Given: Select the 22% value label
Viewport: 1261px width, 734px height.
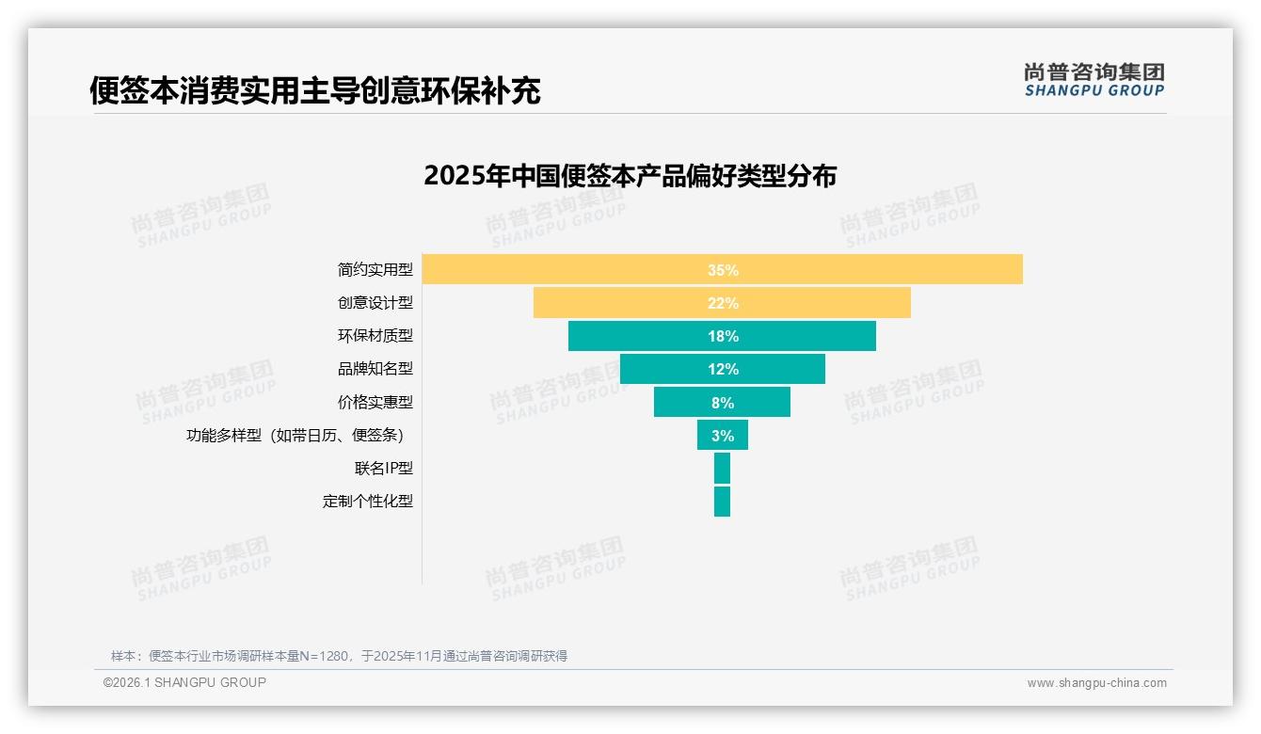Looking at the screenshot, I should pos(723,303).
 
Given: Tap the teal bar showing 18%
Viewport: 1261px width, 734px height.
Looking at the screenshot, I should pos(640,336).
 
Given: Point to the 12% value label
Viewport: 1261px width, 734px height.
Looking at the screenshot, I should pos(723,369).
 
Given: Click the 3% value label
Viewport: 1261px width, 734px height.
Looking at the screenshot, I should pos(723,436).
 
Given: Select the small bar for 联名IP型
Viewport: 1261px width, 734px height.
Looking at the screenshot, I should pos(722,469).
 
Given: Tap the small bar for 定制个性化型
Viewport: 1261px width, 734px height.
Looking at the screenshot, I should pos(722,502).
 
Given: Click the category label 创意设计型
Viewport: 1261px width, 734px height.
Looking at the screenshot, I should pos(375,303).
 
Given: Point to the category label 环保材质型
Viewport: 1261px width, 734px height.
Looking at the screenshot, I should pos(375,336).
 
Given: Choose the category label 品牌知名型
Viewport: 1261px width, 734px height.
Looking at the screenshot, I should pos(375,369).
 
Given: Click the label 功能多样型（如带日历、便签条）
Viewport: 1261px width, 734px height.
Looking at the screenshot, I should pos(299,436).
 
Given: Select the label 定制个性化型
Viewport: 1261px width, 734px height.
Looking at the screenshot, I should pos(367,502).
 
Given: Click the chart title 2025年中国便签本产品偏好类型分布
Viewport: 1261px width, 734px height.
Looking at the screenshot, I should pos(630,176).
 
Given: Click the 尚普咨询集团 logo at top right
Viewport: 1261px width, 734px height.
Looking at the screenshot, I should pos(1093,80).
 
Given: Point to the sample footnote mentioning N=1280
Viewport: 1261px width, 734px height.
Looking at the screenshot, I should pos(339,656).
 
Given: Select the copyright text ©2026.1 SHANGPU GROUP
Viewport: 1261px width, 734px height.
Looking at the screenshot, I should pos(184,682).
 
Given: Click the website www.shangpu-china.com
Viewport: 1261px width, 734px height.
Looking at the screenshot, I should pos(1096,683).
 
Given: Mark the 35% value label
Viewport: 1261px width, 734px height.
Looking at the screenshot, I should pos(723,270).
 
